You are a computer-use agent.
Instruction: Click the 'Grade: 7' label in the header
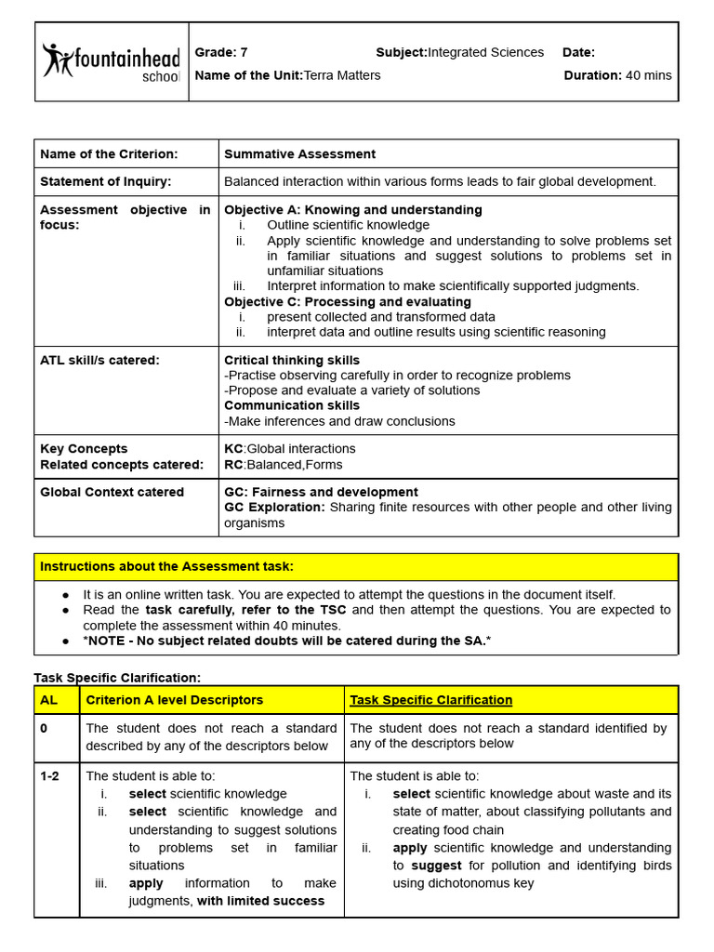221,52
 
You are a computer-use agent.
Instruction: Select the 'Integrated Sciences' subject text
485,52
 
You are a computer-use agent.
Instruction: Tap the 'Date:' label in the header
578,52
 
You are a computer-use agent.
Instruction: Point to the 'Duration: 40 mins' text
617,75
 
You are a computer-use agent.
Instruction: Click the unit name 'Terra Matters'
342,75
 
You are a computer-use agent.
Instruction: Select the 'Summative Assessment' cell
299,154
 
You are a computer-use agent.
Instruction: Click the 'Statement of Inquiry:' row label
106,181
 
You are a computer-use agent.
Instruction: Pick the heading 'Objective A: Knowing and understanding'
353,210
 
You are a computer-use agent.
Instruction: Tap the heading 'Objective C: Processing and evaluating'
348,302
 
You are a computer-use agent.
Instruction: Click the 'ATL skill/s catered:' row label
99,361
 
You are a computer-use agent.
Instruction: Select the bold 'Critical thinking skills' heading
292,361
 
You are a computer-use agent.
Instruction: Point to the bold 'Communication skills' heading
291,406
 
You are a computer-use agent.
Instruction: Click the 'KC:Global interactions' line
290,449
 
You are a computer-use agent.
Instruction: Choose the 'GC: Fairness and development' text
321,493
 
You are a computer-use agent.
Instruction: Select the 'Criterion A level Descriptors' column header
175,700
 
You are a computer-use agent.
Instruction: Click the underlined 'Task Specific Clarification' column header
430,700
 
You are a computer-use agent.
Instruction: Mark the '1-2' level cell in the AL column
50,776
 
